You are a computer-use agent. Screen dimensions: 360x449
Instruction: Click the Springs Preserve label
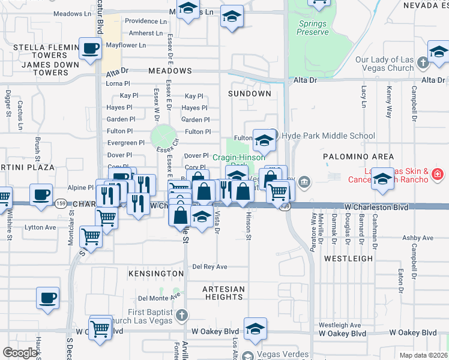pos(313,28)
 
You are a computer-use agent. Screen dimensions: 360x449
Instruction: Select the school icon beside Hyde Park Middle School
pos(264,141)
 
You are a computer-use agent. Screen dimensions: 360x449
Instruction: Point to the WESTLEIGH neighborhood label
pos(345,258)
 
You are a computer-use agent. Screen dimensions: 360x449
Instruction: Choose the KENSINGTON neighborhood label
pos(155,274)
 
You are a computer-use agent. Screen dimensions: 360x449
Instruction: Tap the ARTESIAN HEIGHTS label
pos(223,293)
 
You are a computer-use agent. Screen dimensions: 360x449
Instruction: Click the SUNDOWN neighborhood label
pos(250,94)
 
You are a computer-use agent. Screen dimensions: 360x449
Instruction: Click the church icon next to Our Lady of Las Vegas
pos(422,62)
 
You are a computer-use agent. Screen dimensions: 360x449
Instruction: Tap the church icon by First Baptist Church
pos(182,314)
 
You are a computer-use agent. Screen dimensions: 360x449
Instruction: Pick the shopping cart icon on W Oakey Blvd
pos(100,328)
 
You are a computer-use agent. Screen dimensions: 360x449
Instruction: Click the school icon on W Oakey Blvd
pos(255,329)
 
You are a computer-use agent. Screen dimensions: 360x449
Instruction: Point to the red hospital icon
pos(438,175)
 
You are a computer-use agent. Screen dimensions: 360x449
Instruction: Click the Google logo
pos(20,353)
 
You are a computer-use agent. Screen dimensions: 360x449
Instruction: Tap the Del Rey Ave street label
pos(209,266)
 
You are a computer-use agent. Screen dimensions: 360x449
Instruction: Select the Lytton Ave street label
pos(40,227)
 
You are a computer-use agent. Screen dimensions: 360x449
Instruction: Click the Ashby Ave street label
pos(418,238)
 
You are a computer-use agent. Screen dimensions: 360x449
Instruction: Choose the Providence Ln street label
pos(145,21)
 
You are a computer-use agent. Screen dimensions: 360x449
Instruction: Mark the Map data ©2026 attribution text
pos(423,355)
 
